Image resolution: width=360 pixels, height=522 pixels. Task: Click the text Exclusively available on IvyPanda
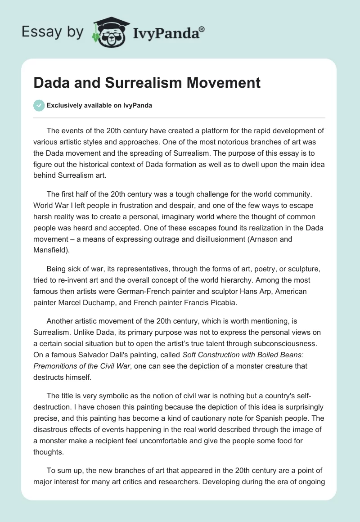point(99,105)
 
